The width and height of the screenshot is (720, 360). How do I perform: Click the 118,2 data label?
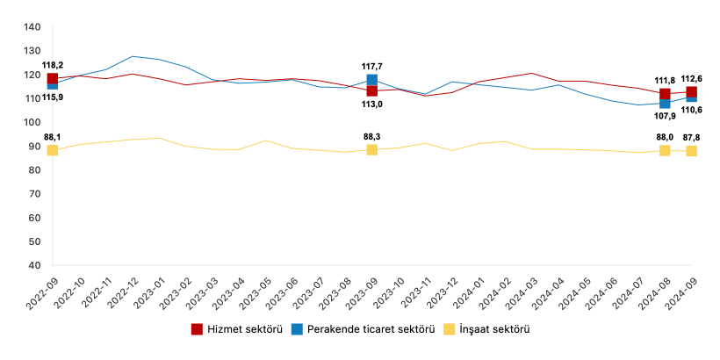(53, 65)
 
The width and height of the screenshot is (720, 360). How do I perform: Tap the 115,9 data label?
(53, 97)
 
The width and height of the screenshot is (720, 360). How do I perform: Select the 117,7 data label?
(372, 66)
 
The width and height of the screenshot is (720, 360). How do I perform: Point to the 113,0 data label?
(372, 104)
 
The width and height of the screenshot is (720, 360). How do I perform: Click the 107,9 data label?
(665, 115)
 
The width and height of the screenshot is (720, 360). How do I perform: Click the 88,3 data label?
(372, 136)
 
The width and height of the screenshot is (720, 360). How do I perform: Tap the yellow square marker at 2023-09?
(372, 150)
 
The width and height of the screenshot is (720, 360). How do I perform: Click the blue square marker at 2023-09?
(372, 81)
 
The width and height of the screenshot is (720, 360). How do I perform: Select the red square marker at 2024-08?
(665, 94)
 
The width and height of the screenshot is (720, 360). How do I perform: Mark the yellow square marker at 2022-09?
(53, 150)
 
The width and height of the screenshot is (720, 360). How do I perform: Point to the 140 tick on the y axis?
(32, 27)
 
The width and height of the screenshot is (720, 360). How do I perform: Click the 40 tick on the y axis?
(35, 264)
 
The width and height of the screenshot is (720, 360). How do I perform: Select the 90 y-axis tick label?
(35, 146)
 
